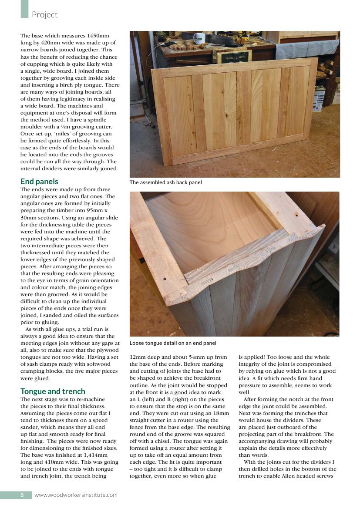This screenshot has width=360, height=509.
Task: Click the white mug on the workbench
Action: tap(200, 38)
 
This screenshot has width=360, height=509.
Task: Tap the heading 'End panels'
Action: tap(39, 182)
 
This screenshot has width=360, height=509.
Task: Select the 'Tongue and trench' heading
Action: tap(53, 391)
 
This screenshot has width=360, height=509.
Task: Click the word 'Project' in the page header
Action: tap(44, 15)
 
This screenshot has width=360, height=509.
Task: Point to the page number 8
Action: tap(22, 495)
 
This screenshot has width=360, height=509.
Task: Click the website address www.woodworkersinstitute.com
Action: tap(76, 495)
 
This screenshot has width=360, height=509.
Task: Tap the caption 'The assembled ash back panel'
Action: tap(165, 182)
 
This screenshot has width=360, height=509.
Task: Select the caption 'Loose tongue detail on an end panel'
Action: tap(173, 343)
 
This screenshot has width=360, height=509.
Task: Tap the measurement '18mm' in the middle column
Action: tap(221, 413)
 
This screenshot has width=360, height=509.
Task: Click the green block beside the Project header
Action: tap(24, 9)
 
